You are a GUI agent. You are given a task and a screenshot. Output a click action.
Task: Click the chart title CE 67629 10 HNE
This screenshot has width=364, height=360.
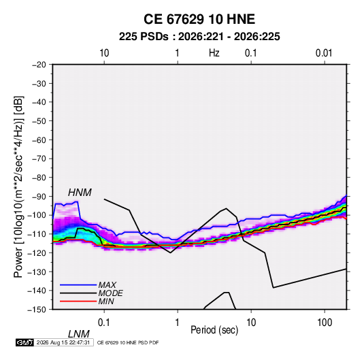point(199,19)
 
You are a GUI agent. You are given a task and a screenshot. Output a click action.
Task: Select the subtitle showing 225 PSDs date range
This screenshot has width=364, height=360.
point(199,37)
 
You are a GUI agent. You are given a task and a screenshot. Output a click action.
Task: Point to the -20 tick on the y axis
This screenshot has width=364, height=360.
point(39,65)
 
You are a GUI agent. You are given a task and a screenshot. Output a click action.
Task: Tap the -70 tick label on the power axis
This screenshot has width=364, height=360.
point(39,159)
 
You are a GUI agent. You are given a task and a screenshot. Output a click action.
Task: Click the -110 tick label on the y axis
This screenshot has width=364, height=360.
point(37,234)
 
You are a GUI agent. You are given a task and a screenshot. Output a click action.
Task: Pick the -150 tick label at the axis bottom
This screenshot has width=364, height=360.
point(37,310)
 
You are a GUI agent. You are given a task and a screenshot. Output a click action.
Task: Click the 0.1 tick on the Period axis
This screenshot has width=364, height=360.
point(104,323)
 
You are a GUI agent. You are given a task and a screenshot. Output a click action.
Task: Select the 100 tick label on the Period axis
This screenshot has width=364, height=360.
point(325,323)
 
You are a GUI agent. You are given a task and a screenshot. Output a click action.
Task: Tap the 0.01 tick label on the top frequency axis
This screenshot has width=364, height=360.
point(324,53)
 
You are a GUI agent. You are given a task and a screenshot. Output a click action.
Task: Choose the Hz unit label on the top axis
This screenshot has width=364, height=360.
point(214,53)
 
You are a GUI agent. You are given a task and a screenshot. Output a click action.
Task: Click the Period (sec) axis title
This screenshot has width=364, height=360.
point(214,330)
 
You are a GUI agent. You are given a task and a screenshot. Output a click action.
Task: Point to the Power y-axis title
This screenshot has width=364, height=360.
point(18,186)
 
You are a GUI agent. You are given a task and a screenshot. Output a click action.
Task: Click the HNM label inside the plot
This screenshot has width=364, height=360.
point(80,193)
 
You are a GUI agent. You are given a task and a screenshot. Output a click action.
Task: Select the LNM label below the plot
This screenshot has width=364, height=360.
point(79,334)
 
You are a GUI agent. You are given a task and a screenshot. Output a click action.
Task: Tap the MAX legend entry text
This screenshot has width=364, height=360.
point(107,285)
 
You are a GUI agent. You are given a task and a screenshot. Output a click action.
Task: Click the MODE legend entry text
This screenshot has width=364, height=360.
point(110,293)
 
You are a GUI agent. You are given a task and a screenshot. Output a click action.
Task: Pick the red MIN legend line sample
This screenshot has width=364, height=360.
point(78,301)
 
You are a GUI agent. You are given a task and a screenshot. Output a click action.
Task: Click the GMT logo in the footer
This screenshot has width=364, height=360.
point(24,342)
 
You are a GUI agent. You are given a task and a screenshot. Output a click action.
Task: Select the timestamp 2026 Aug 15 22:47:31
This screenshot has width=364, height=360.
point(63,342)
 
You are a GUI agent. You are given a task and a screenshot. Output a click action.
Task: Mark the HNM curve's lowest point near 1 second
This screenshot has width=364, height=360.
point(170,252)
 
